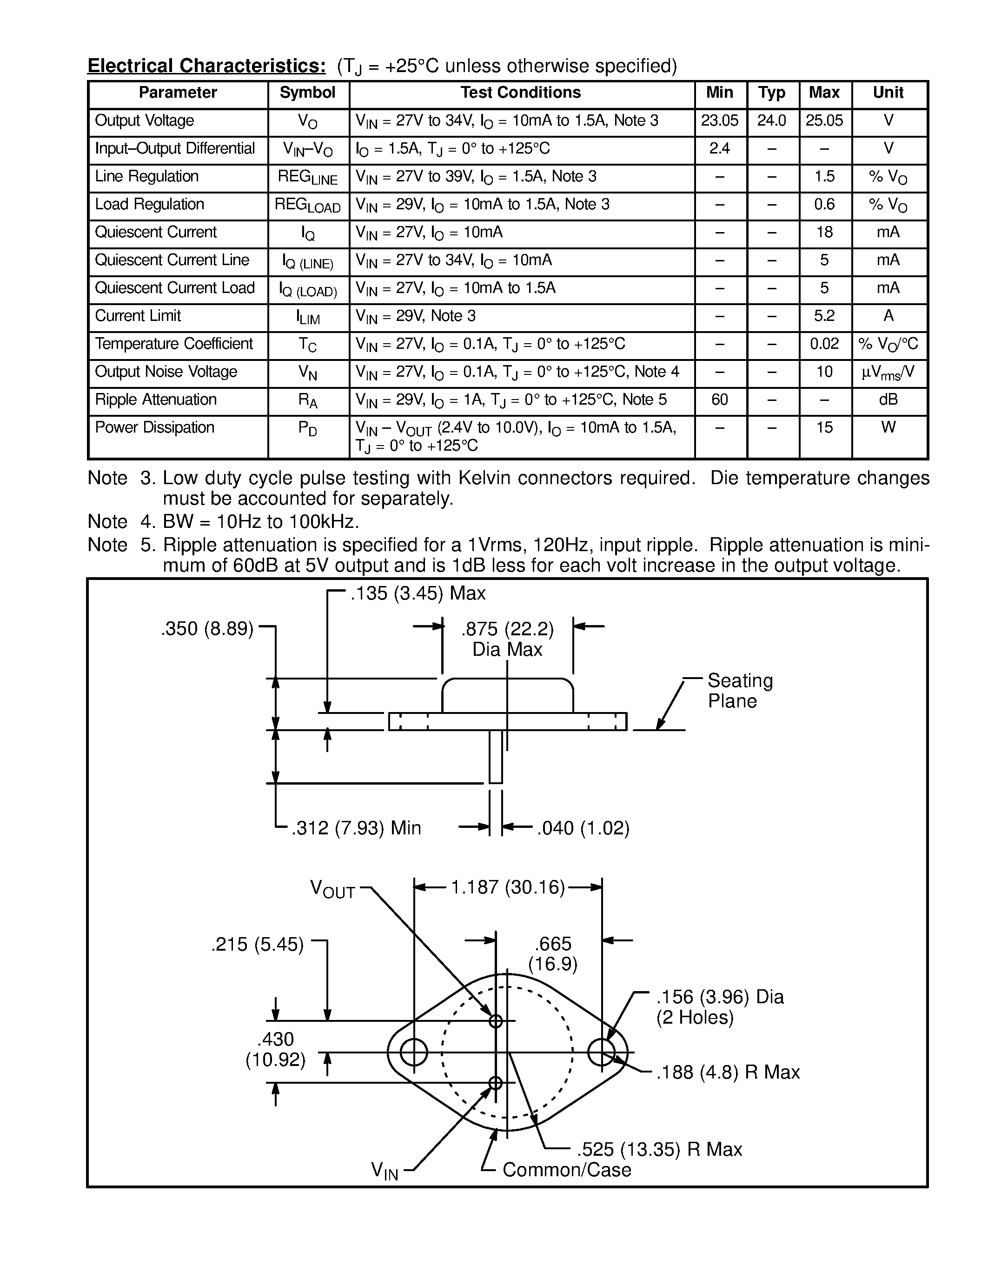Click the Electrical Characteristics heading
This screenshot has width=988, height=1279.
[x=206, y=66]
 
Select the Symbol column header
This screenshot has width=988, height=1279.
[x=307, y=93]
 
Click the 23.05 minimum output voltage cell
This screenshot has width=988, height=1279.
[x=719, y=120]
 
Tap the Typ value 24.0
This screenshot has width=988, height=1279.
[x=771, y=120]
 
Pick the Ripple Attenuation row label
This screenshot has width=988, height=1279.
[x=156, y=400]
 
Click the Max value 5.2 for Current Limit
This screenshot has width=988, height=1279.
[x=824, y=316]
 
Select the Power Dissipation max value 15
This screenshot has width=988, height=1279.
[x=824, y=427]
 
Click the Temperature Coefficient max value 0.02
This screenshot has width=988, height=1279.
[x=824, y=344]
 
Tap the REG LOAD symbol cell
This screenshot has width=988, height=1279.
[x=307, y=205]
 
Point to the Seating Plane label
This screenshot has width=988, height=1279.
[x=739, y=691]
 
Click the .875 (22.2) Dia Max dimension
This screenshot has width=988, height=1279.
[x=507, y=639]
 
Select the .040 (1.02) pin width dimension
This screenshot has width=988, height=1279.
[x=583, y=828]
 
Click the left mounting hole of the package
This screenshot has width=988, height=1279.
[x=414, y=1053]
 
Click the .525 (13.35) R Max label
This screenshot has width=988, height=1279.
[x=659, y=1150]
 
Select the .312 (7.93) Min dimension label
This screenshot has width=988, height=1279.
[x=357, y=828]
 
